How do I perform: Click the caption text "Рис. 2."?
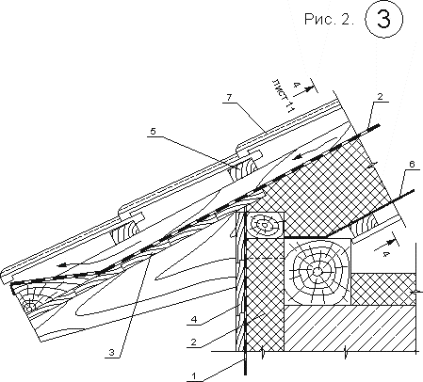pyautogui.click(x=329, y=20)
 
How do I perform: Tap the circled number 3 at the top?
pyautogui.click(x=383, y=19)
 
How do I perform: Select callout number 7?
pyautogui.click(x=229, y=98)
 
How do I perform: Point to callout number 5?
pyautogui.click(x=153, y=131)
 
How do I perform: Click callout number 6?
pyautogui.click(x=413, y=164)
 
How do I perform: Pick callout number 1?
pyautogui.click(x=194, y=375)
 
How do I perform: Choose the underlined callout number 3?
pyautogui.click(x=112, y=353)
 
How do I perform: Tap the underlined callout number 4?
pyautogui.click(x=194, y=320)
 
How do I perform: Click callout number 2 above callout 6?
pyautogui.click(x=380, y=97)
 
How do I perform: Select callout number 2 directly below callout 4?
pyautogui.click(x=194, y=342)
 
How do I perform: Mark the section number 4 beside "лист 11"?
pyautogui.click(x=295, y=85)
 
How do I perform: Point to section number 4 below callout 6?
pyautogui.click(x=385, y=254)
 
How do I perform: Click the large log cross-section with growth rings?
pyautogui.click(x=317, y=271)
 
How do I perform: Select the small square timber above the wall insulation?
pyautogui.click(x=266, y=225)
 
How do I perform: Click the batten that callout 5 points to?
pyautogui.click(x=243, y=168)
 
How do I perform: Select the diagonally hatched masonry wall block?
pyautogui.click(x=351, y=327)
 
